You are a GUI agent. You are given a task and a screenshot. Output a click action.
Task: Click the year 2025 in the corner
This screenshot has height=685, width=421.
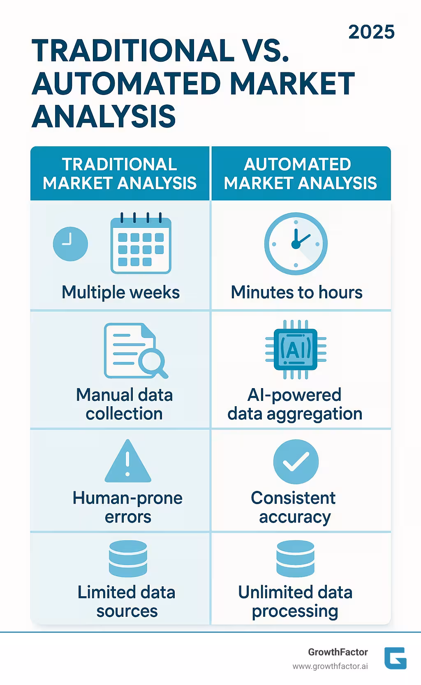371,32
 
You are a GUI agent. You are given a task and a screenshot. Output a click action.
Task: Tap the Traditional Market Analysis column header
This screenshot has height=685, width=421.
120,174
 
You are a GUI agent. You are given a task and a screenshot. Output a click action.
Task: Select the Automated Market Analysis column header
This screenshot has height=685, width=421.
300,174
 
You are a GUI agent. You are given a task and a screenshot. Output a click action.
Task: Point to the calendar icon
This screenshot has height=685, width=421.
141,243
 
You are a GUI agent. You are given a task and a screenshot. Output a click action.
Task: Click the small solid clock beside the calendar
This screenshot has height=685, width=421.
70,243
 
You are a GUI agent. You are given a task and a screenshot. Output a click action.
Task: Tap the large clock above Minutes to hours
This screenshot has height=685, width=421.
296,243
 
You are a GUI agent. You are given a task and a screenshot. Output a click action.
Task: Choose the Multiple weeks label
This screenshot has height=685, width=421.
120,292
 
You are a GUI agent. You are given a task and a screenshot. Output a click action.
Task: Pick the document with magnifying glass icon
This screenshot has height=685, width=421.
135,351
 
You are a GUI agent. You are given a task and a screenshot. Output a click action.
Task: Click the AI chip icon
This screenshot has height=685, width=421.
296,349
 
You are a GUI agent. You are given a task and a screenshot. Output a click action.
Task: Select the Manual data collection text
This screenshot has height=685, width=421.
124,404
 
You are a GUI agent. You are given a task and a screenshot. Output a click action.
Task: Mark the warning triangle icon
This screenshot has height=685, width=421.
128,461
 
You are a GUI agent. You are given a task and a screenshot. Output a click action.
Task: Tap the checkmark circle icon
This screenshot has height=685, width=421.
296,461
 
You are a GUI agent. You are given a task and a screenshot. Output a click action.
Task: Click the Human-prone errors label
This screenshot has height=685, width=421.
127,507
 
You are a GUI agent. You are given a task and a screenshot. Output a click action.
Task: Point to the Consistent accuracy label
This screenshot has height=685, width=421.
294,507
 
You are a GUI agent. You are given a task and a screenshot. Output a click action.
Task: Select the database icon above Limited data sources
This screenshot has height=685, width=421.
128,559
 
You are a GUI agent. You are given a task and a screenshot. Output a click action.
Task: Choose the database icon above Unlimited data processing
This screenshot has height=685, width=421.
295,559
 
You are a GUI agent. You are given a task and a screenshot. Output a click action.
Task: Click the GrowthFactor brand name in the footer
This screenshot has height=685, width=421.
338,652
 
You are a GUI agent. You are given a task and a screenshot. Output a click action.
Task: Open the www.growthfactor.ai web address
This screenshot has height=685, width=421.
330,666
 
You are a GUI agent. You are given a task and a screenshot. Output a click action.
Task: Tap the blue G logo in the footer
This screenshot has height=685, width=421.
395,658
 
